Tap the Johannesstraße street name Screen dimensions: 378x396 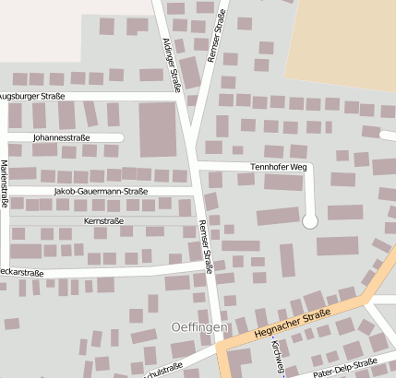click(61, 138)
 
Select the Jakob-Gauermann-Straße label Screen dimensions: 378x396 click(102, 192)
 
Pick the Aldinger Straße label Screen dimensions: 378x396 click(170, 65)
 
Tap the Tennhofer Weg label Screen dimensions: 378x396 click(278, 167)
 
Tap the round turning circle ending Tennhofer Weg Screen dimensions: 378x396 click(310, 220)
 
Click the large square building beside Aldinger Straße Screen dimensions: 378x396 click(157, 128)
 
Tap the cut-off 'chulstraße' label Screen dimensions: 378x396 click(162, 371)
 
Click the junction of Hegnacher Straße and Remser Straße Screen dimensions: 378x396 click(222, 347)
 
